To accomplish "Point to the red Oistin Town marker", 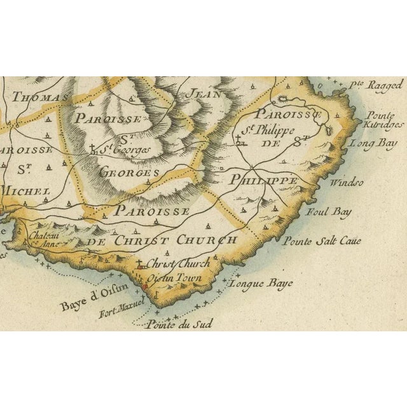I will (144, 287).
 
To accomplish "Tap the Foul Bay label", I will (325, 212).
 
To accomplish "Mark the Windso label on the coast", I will (347, 183).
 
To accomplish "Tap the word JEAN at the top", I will (201, 93).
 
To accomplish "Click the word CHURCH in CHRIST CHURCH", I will (205, 241).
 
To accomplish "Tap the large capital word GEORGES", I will (128, 174).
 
